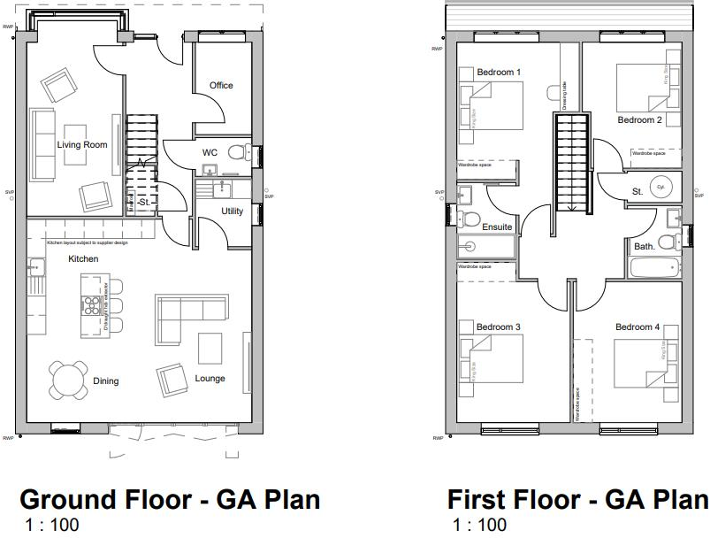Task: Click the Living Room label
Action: (82, 145)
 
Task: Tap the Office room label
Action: (221, 86)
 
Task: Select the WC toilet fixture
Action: (236, 152)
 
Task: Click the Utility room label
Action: (233, 211)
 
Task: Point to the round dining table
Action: (68, 380)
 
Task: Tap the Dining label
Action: (105, 381)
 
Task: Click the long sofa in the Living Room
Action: (42, 143)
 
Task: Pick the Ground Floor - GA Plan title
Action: (170, 500)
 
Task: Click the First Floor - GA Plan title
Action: (576, 500)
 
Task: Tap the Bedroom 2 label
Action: (639, 120)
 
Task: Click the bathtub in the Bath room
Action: (653, 267)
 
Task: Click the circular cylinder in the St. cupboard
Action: (660, 188)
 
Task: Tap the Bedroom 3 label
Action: (499, 327)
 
